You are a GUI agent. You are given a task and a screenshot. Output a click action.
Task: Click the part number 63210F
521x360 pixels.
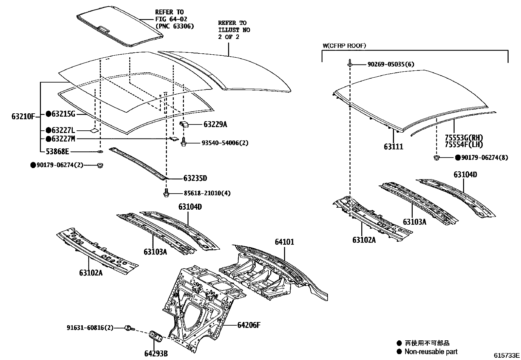[x=23, y=116]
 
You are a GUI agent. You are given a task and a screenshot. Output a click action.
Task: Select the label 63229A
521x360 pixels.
[x=215, y=124]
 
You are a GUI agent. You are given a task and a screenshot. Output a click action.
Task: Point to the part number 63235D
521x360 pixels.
[x=195, y=179]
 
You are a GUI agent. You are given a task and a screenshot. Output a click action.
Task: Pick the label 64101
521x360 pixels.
[x=284, y=242]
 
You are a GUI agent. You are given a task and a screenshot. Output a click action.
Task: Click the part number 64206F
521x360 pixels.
[x=249, y=325]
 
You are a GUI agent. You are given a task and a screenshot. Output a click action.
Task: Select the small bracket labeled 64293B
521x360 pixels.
[x=155, y=336]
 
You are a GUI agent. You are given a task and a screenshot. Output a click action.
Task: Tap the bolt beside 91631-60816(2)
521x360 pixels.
[x=129, y=328]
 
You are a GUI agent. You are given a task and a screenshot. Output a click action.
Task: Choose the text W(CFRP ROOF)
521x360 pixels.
[x=344, y=46]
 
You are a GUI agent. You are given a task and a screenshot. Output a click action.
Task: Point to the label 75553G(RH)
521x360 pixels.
[x=464, y=138]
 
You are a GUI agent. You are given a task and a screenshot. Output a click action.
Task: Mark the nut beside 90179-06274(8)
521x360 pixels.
[x=436, y=158]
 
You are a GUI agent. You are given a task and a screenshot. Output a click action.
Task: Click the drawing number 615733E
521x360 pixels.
[x=507, y=355]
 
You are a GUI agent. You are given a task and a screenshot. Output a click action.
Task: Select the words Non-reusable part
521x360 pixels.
[x=431, y=352]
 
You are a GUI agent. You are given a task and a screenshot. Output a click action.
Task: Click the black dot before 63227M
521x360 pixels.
[x=48, y=139]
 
